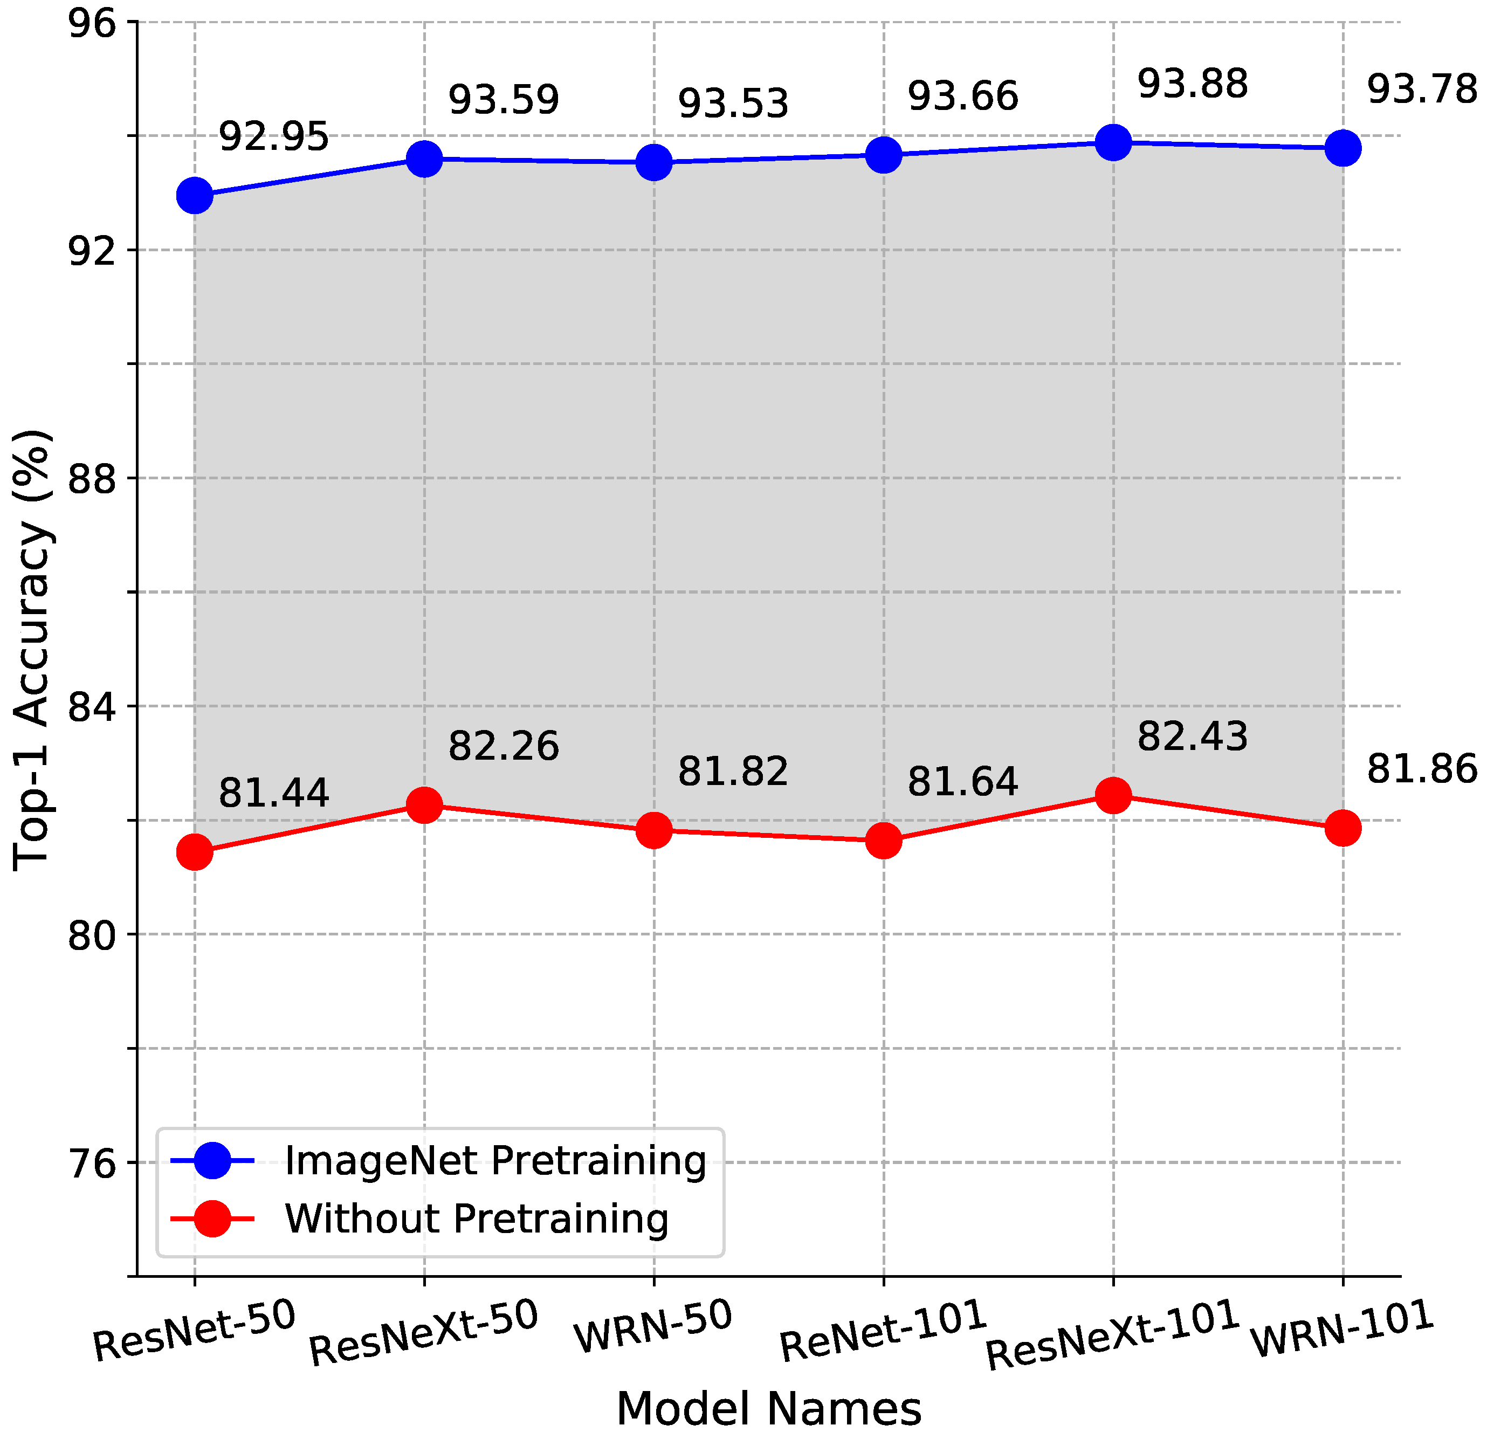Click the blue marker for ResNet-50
click(195, 196)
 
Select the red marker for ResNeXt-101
click(1113, 796)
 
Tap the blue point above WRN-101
click(1343, 148)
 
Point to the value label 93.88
click(1192, 84)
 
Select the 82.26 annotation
click(503, 746)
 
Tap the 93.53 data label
click(733, 104)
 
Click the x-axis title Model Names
click(768, 1408)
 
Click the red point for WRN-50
click(654, 830)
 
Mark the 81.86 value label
click(1422, 770)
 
